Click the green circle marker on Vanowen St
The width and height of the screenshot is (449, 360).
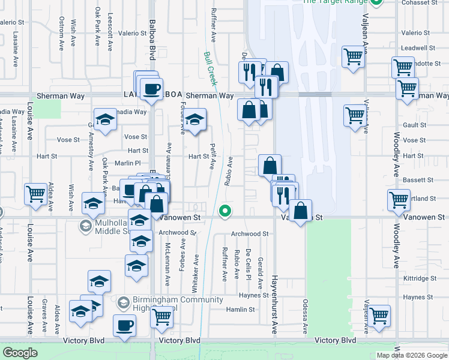tap(225, 211)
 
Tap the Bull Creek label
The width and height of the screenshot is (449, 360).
tap(209, 68)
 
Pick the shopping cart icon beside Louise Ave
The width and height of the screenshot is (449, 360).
tap(35, 193)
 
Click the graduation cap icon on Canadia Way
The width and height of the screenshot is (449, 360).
tap(105, 119)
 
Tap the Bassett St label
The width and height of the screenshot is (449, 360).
tap(418, 180)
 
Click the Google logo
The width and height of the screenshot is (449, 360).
tap(21, 353)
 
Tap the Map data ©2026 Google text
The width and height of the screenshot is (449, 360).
tap(411, 355)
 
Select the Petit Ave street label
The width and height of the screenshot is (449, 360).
tap(212, 156)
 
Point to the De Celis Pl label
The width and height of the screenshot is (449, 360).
tap(248, 265)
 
